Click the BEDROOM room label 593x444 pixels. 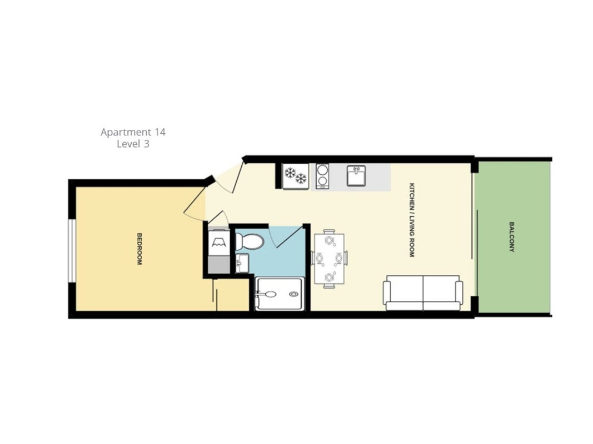139,249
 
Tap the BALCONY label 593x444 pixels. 512,237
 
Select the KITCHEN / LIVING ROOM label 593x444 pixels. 412,220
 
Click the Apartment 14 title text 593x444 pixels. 133,132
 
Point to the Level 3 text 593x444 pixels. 133,144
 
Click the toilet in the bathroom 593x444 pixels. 250,241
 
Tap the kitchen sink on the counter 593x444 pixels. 356,176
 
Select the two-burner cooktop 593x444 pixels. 322,176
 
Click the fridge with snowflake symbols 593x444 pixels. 295,176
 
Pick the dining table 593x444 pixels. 330,259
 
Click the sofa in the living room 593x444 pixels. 423,293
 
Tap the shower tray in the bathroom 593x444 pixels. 280,294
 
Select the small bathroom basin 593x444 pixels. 242,263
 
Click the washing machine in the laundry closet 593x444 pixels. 219,241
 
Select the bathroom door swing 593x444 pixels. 285,238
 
